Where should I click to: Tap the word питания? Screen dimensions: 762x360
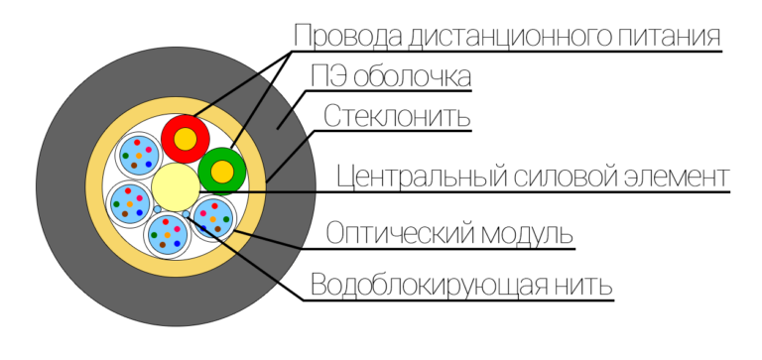click(x=664, y=37)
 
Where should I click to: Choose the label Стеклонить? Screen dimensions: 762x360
click(x=395, y=116)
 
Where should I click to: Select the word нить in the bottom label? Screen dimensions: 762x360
click(x=586, y=286)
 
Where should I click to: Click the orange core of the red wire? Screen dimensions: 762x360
click(x=186, y=141)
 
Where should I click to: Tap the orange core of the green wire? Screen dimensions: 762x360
click(x=222, y=172)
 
